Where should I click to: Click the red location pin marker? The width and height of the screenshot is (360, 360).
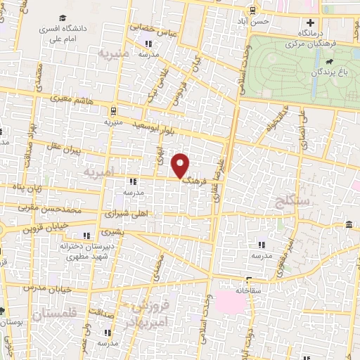(181, 165)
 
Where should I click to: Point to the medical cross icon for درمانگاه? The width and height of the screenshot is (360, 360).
(309, 23)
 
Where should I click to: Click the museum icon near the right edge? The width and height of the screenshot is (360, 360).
(349, 224)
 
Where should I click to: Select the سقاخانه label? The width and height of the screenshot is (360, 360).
(248, 290)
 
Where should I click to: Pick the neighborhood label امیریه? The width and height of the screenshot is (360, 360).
(98, 172)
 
